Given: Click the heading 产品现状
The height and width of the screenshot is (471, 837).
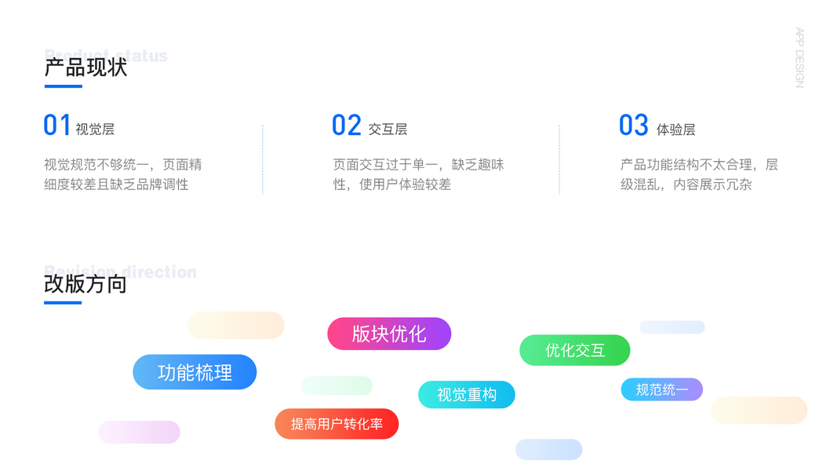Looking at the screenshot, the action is (86, 68).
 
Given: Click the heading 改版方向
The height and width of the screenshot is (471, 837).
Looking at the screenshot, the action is (86, 283).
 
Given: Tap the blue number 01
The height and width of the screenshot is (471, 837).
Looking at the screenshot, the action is (57, 126).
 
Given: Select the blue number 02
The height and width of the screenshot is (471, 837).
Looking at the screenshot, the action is (346, 126).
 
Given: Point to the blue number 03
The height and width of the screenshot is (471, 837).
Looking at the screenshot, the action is (634, 126).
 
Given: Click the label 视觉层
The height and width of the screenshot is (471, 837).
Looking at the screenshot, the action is (95, 130).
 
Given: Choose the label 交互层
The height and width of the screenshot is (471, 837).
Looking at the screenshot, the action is (388, 130).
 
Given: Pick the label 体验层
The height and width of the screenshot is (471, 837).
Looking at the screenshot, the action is (675, 130).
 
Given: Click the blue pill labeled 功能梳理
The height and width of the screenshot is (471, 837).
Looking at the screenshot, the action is (195, 372).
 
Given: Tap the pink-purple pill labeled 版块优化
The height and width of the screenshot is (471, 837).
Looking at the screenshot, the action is (389, 334).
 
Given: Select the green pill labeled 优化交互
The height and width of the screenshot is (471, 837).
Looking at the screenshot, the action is (575, 350).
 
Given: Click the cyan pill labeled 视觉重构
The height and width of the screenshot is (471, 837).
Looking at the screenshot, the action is (467, 395).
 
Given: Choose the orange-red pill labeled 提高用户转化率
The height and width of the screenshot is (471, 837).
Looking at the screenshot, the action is (337, 424).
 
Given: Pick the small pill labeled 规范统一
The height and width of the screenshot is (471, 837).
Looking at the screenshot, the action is (662, 389).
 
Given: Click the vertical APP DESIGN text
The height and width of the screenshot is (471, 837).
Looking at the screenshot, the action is (799, 58).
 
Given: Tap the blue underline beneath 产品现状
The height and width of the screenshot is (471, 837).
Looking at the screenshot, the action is (63, 86).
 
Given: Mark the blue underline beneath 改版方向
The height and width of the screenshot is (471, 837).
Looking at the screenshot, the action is (63, 302).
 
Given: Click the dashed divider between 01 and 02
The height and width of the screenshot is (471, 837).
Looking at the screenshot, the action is (262, 159).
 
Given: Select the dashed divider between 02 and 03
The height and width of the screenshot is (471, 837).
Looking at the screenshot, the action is (559, 159).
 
